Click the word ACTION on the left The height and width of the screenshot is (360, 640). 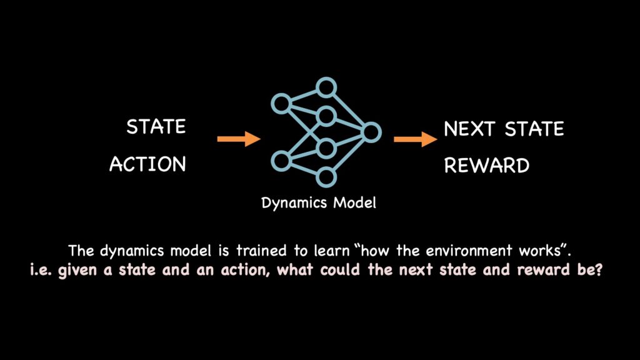[147, 164]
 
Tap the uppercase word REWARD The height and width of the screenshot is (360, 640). [486, 166]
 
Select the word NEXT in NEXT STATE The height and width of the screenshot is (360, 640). [469, 129]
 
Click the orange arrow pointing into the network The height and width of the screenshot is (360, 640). [239, 139]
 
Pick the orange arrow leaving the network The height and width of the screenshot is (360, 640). [415, 139]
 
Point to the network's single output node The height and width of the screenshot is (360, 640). [371, 132]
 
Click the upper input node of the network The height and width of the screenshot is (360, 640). [281, 104]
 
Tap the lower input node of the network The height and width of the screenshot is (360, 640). [281, 161]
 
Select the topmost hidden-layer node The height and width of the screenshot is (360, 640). [326, 87]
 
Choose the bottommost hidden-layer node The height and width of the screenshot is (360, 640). [326, 177]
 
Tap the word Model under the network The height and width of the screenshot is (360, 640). [355, 202]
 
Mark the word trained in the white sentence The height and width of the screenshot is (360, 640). [262, 251]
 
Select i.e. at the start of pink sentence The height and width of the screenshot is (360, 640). [41, 270]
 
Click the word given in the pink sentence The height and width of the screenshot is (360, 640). [77, 271]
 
